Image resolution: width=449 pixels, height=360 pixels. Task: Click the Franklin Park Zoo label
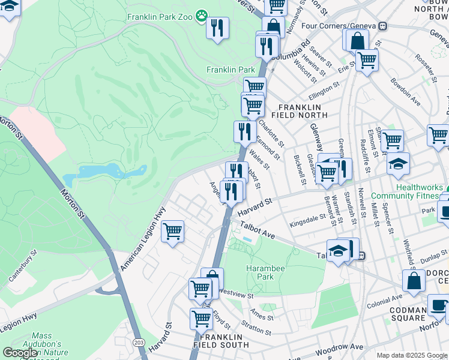point(160,17)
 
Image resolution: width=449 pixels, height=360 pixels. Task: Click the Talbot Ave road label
point(258,230)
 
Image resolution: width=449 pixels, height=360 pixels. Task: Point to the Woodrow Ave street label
point(342,348)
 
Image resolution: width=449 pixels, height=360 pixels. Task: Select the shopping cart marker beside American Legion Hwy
point(172,230)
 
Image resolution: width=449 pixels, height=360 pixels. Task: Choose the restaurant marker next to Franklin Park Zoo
point(217,27)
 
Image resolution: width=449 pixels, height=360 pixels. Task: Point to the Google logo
point(20,352)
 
